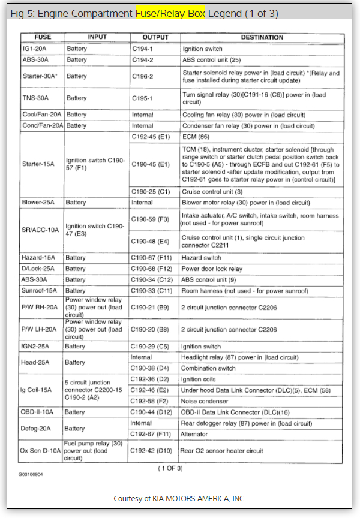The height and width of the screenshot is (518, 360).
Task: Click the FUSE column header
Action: [x=43, y=37]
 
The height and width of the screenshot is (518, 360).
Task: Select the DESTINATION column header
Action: [x=262, y=37]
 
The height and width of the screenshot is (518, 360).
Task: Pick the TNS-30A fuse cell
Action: [x=34, y=98]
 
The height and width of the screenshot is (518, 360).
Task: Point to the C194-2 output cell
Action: [x=143, y=60]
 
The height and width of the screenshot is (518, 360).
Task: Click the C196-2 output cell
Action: [x=143, y=76]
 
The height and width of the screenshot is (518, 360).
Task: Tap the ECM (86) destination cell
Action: [x=193, y=136]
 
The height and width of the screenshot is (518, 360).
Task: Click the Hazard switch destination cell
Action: [x=202, y=257]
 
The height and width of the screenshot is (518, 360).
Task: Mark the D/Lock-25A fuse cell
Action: [x=37, y=269]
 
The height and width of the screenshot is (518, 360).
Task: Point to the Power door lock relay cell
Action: [x=212, y=269]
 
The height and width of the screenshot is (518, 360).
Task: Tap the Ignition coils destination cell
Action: [x=199, y=380]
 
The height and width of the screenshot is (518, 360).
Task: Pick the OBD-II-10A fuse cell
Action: [x=38, y=412]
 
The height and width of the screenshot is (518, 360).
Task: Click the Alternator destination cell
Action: [x=196, y=434]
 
